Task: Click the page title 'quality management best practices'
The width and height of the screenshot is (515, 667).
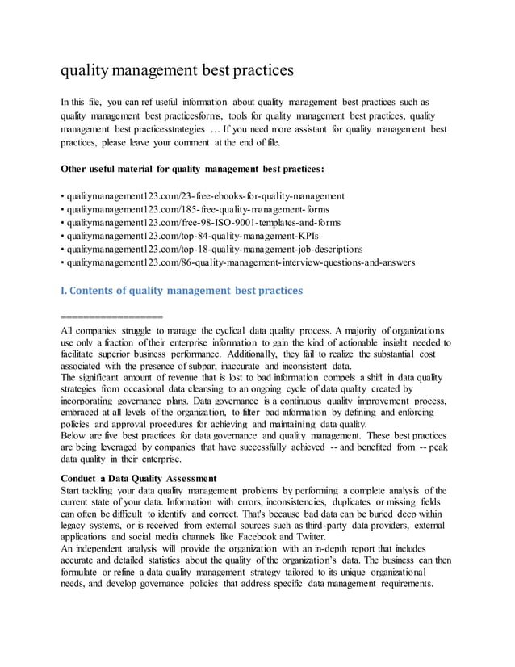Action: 177,70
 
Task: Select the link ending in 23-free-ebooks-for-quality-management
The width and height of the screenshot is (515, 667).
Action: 206,196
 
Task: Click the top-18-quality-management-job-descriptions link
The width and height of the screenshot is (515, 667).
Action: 215,249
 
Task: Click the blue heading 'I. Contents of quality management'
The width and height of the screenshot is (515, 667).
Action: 182,290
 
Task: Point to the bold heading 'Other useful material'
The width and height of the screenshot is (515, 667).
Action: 193,170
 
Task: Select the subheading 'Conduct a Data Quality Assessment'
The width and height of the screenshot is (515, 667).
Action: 139,478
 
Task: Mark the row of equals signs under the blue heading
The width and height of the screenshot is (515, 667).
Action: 112,317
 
